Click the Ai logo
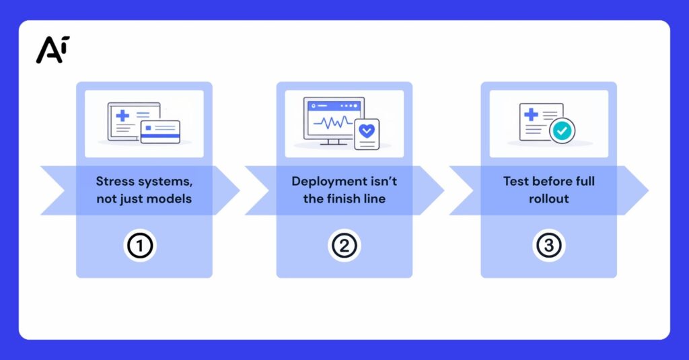[52, 50]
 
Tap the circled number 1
[139, 246]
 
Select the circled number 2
[344, 246]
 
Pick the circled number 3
[548, 246]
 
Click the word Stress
[115, 181]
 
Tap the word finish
[347, 199]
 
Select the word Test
[515, 181]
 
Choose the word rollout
[548, 199]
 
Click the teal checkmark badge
[563, 131]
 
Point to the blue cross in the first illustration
[122, 116]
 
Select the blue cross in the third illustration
[531, 114]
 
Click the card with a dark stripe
[160, 132]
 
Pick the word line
[374, 199]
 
